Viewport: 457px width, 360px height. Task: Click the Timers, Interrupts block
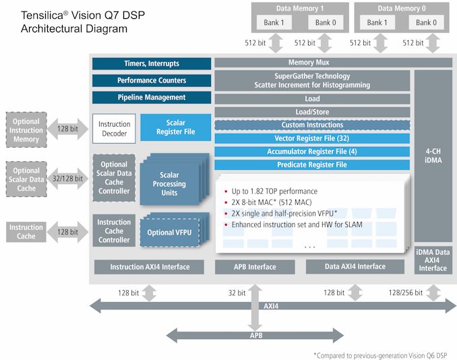152,63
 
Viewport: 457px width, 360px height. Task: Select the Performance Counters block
152,80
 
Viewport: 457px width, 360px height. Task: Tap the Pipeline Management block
152,97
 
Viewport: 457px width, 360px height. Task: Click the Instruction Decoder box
114,128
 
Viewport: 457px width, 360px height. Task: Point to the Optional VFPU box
169,233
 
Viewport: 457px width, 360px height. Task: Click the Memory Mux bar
312,63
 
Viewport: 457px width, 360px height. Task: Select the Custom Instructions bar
312,125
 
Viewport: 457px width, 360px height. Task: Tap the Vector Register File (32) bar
312,138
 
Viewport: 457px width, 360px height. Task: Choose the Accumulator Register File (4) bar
312,152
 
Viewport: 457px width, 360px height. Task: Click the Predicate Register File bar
312,164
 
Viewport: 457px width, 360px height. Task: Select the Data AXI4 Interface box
355,267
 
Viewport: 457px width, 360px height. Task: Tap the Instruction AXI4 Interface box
150,267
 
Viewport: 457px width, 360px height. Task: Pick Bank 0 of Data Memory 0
423,22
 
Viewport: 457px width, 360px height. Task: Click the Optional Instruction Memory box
26,130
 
